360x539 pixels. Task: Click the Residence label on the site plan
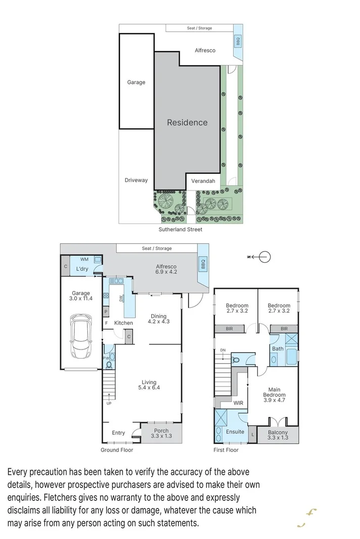[x=187, y=122]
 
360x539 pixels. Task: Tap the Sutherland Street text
[x=181, y=229]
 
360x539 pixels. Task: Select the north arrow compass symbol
[x=263, y=257]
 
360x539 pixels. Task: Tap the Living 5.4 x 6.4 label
[x=149, y=385]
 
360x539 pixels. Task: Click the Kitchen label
[x=123, y=323]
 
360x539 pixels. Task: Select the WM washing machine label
[x=84, y=259]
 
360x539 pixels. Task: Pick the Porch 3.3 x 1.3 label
[x=161, y=433]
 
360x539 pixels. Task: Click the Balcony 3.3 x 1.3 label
[x=278, y=435]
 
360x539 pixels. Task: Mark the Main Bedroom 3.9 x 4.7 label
[x=274, y=395]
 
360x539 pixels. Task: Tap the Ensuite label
[x=235, y=432]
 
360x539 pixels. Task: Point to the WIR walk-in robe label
[x=239, y=403]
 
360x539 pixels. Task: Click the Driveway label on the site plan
[x=136, y=180]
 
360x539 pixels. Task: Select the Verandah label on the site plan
[x=203, y=181]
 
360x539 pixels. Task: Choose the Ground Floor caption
[x=117, y=450]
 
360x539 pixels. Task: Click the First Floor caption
[x=226, y=450]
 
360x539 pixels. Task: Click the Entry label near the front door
[x=118, y=433]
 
